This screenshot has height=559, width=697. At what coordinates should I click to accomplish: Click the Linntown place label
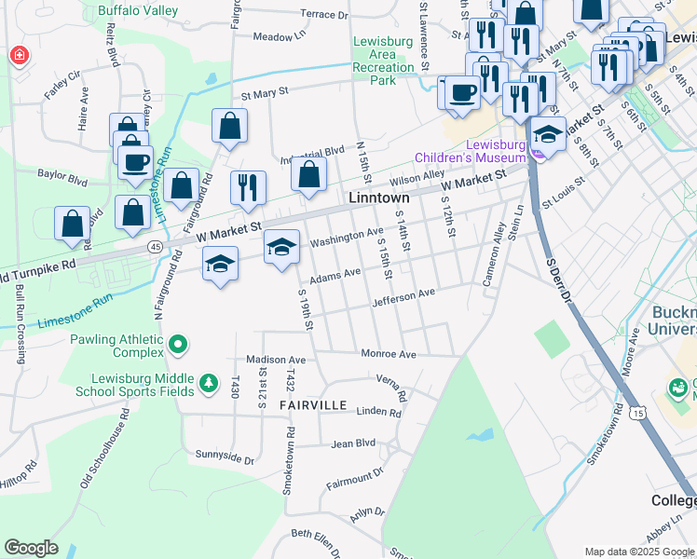[x=379, y=198]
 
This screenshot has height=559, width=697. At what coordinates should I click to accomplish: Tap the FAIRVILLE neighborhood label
[x=313, y=405]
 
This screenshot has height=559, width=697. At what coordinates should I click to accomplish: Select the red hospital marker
[x=19, y=57]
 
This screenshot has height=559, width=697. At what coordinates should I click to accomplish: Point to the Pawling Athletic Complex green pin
[x=177, y=347]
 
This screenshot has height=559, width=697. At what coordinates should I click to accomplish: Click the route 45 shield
[x=155, y=246]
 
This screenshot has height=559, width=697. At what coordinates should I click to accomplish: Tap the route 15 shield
[x=637, y=411]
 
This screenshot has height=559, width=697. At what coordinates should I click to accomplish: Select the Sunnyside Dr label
[x=225, y=458]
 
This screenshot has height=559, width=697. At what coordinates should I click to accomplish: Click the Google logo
[x=31, y=548]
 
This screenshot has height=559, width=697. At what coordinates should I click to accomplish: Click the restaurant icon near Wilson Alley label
[x=247, y=187]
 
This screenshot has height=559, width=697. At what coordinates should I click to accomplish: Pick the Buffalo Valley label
[x=137, y=11]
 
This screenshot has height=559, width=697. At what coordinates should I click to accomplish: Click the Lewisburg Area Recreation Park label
[x=384, y=61]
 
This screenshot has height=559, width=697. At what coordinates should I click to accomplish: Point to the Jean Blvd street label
[x=352, y=444]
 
